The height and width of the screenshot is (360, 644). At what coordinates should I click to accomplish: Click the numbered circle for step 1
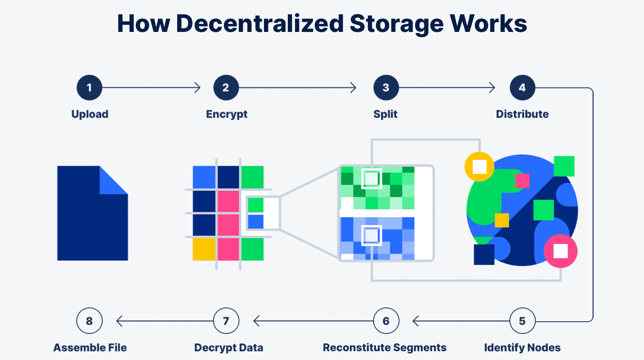[89, 87]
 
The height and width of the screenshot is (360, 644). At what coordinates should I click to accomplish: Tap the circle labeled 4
[523, 87]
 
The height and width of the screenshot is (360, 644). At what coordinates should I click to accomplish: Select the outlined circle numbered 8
[89, 321]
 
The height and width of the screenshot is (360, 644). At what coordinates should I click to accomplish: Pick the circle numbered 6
[386, 321]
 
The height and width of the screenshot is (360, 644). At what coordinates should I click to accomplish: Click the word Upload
[89, 114]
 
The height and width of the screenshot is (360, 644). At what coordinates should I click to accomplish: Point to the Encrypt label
[227, 114]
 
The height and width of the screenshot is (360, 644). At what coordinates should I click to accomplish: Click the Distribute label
[522, 114]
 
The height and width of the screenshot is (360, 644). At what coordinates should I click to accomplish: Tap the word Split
[385, 114]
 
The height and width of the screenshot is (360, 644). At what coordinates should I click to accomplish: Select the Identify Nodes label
[522, 348]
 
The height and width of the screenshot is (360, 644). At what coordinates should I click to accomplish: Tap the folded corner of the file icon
[113, 181]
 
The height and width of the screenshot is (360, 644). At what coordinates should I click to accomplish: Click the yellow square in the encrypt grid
[204, 249]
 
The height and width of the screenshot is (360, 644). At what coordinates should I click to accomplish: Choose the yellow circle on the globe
[479, 166]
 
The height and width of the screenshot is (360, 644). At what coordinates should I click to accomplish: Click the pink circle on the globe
[561, 251]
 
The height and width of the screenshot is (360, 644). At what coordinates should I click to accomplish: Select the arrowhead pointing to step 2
[197, 87]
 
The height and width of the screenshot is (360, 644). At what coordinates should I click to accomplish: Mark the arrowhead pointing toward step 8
[120, 321]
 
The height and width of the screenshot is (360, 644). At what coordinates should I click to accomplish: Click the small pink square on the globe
[523, 181]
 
